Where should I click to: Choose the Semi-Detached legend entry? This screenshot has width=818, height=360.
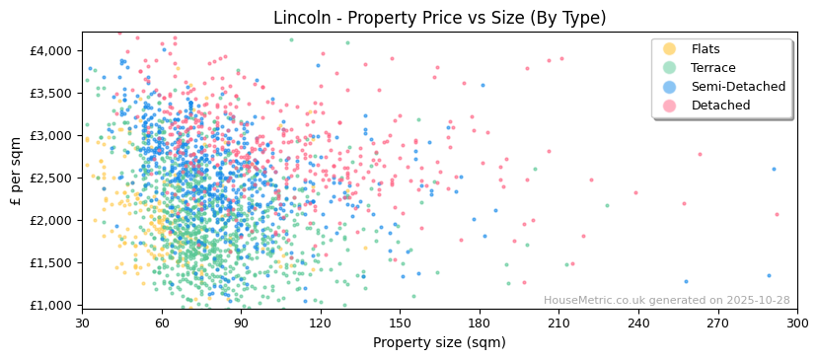click(738, 87)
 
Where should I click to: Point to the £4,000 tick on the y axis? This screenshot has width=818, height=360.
click(51, 50)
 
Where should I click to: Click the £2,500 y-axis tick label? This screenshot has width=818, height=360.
click(51, 178)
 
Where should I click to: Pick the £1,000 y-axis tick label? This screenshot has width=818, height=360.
click(51, 305)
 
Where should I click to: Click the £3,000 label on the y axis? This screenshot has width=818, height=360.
click(51, 135)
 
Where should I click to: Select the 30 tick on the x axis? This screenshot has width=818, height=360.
click(82, 323)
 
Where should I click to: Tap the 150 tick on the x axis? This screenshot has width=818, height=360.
click(400, 323)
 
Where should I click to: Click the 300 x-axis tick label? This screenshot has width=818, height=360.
click(797, 323)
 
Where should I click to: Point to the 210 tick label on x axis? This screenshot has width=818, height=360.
click(558, 323)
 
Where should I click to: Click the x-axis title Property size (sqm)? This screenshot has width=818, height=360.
click(439, 342)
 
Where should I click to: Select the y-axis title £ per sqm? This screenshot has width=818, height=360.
click(17, 172)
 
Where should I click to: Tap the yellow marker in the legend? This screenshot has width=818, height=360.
click(670, 49)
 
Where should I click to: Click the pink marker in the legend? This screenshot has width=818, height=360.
click(670, 106)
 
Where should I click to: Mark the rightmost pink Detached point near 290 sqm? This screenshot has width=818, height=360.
click(777, 214)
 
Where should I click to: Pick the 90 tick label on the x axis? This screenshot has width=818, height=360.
click(241, 323)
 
